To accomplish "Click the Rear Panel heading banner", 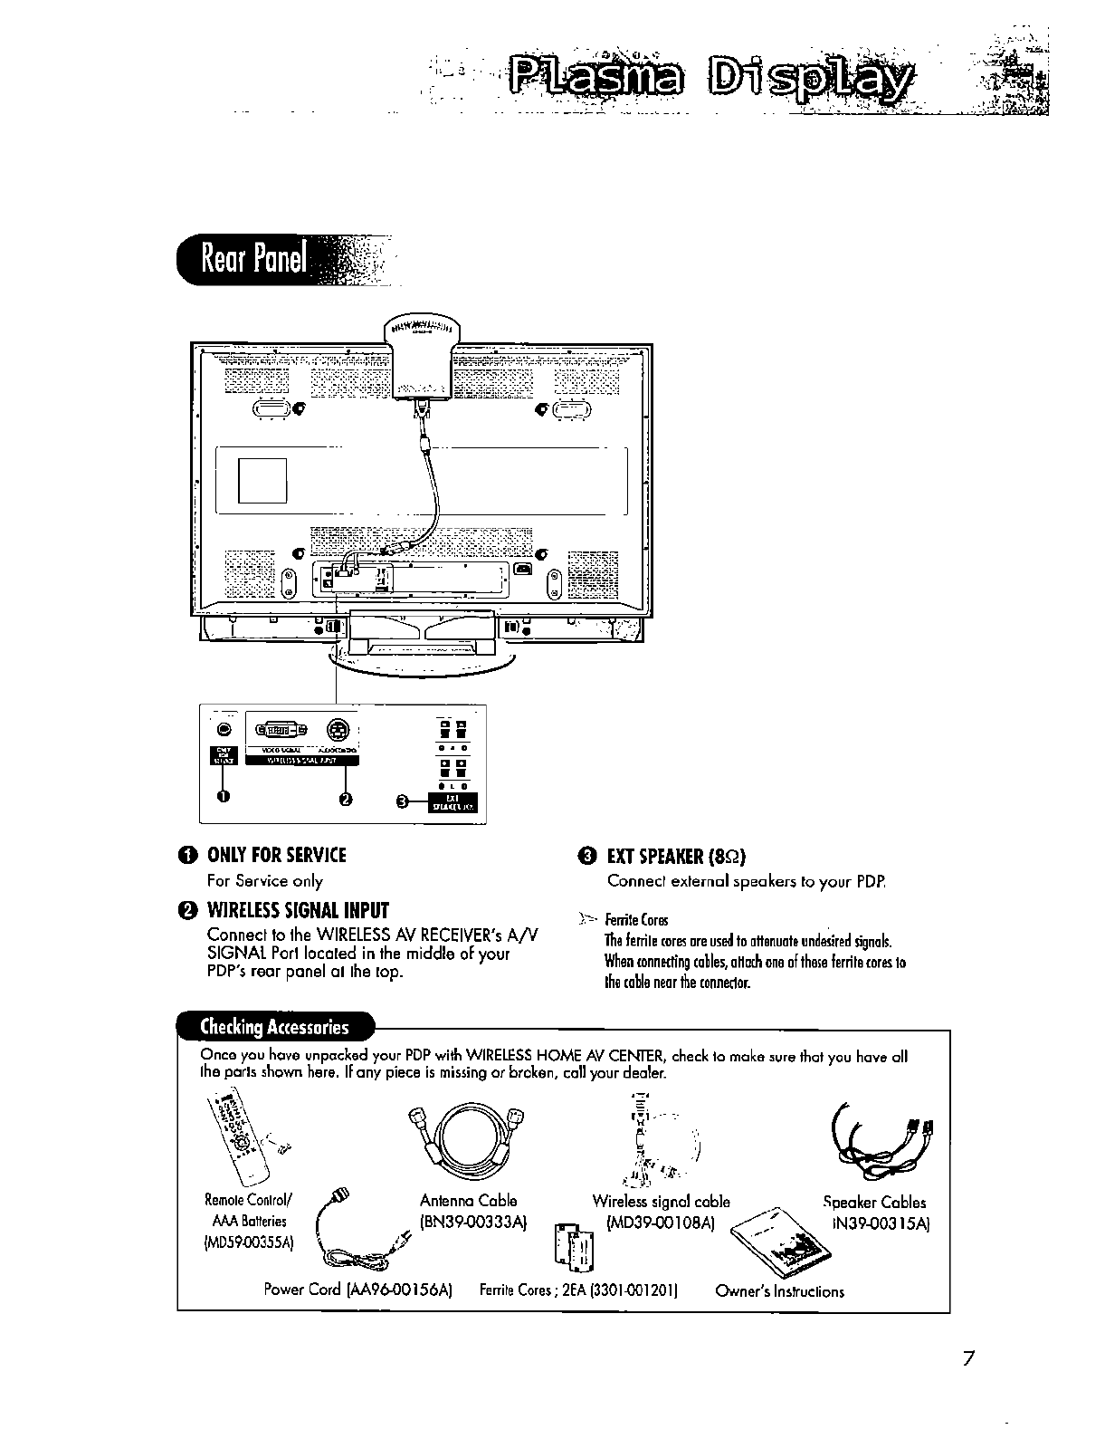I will click(256, 261).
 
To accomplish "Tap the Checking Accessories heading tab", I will click(274, 1027).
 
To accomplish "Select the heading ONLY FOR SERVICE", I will click(276, 856).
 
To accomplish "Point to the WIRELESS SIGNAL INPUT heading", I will click(298, 910).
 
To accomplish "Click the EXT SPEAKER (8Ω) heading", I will click(676, 857).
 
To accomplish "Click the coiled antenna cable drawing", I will click(469, 1142).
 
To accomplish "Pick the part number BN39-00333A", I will click(474, 1223).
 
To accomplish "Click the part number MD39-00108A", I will click(661, 1223).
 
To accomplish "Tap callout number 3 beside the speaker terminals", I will click(405, 801).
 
